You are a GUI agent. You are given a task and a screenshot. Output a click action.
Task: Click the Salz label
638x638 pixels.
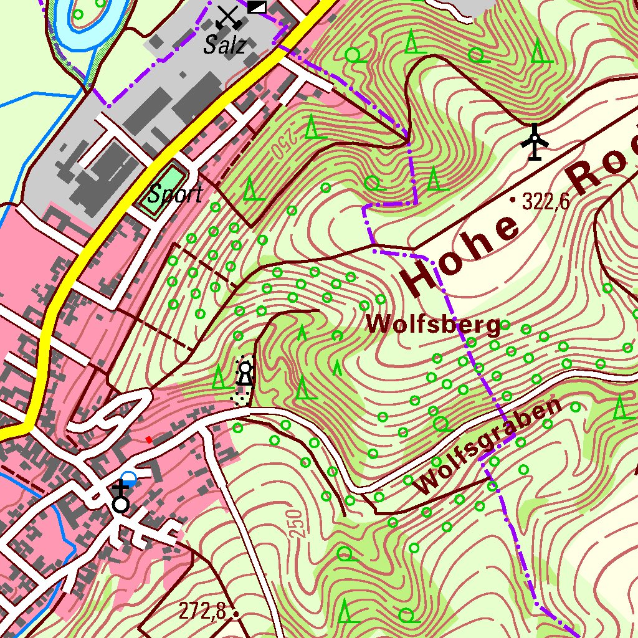(x=224, y=45)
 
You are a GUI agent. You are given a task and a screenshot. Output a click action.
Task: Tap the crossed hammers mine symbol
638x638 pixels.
(x=228, y=16)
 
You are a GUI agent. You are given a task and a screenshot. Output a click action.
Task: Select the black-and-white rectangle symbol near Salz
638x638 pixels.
(x=256, y=7)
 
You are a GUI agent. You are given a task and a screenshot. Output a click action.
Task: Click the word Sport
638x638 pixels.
(x=175, y=194)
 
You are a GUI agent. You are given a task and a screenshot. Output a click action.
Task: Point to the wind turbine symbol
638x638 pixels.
(x=535, y=143)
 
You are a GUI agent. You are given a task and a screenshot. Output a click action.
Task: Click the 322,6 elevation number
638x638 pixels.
(x=546, y=201)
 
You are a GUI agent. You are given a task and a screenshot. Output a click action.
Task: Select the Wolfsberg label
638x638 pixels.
(x=433, y=324)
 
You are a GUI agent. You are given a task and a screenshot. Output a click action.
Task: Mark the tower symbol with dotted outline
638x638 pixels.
(x=246, y=375)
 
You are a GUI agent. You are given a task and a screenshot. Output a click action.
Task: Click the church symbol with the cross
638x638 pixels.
(x=120, y=498)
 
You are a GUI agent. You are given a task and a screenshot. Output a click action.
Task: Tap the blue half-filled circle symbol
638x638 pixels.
(x=128, y=478)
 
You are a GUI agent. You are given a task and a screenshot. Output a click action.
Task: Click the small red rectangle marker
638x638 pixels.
(x=149, y=439)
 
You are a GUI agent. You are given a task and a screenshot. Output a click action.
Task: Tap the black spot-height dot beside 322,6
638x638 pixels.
(x=513, y=200)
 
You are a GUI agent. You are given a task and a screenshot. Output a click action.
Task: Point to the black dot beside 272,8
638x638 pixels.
(x=236, y=614)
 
